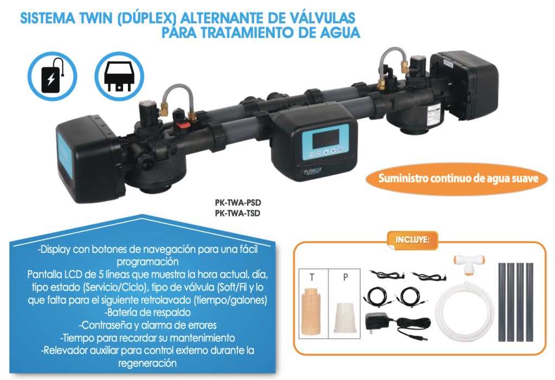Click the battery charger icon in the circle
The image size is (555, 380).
click(x=52, y=76)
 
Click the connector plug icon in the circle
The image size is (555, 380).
click(x=119, y=76)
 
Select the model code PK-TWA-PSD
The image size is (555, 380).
click(x=238, y=203)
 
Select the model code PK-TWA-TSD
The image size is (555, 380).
click(x=237, y=213)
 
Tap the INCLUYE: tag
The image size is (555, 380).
click(x=412, y=240)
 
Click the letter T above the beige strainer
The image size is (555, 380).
click(x=312, y=277)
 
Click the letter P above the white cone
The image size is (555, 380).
click(x=346, y=277)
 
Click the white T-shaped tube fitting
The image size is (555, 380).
click(x=464, y=264)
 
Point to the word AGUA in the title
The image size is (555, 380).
click(x=340, y=32)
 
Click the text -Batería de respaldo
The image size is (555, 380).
click(x=148, y=313)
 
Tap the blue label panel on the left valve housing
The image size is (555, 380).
click(x=66, y=155)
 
